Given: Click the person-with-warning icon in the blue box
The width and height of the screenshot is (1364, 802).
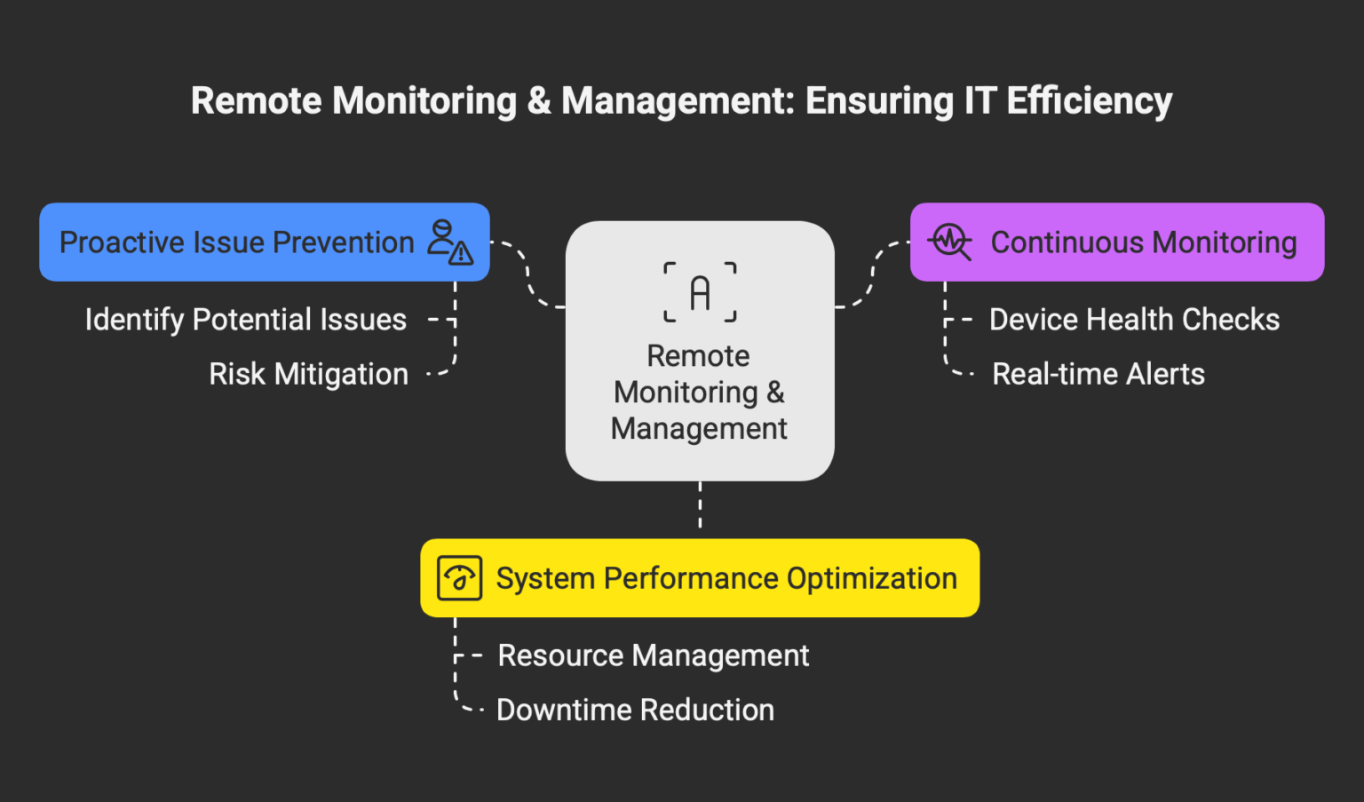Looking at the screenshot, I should (x=450, y=242).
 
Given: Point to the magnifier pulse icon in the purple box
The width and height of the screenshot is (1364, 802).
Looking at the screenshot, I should (x=950, y=242).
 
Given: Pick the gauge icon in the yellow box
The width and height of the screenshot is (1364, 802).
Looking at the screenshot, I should (x=459, y=578).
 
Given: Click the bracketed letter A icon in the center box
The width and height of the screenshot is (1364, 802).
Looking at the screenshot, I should (x=700, y=292).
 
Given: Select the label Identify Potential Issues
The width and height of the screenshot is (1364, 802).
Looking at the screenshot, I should (x=246, y=320).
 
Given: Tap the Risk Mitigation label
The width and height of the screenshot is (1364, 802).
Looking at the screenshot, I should (x=308, y=374).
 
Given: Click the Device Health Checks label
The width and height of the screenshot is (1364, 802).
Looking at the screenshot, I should (x=1134, y=320).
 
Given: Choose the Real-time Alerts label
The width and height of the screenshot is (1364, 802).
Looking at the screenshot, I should (x=1098, y=374).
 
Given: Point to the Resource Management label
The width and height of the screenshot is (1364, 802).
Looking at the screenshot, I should (x=653, y=655).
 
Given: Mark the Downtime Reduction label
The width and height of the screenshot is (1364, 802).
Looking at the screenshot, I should (x=635, y=710).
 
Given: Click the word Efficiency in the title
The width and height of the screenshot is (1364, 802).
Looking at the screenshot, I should (x=1089, y=101).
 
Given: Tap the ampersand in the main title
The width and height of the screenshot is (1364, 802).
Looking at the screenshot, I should (x=539, y=101).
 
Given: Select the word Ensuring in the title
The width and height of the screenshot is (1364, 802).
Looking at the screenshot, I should (x=879, y=101).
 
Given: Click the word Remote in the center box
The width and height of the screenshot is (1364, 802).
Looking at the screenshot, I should (x=698, y=356).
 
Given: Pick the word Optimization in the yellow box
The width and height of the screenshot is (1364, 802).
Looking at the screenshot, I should (x=871, y=578).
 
